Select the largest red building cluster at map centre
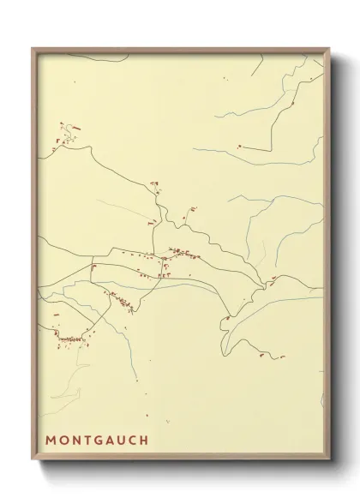point(183,253)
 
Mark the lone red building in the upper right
point(243,147)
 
